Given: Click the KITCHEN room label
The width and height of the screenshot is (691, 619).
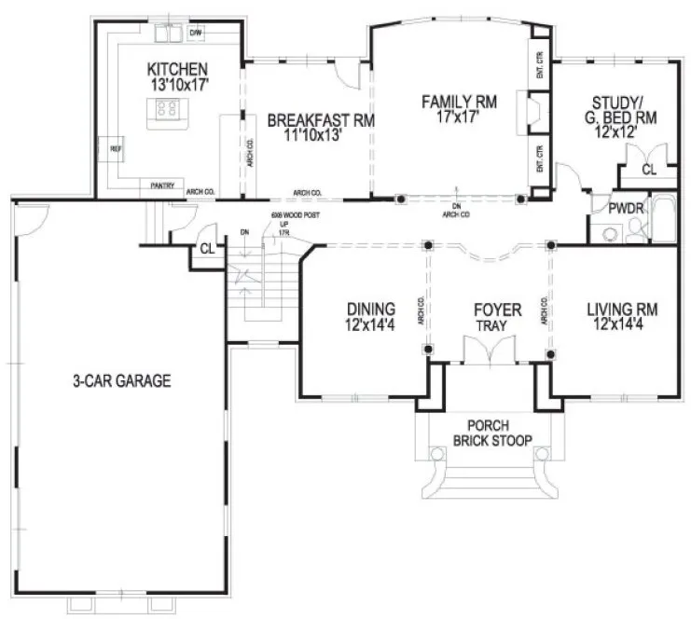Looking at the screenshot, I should [176, 70].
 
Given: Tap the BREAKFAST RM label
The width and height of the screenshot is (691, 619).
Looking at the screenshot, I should [307, 120].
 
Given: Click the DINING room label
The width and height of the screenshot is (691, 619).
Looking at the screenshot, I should [371, 309].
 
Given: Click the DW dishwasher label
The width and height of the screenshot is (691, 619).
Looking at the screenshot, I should [196, 34].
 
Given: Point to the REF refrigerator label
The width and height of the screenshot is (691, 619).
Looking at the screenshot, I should [117, 148].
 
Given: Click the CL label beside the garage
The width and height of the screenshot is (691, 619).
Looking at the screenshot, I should [208, 249].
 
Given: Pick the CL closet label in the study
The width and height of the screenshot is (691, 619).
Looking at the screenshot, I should [649, 171].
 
